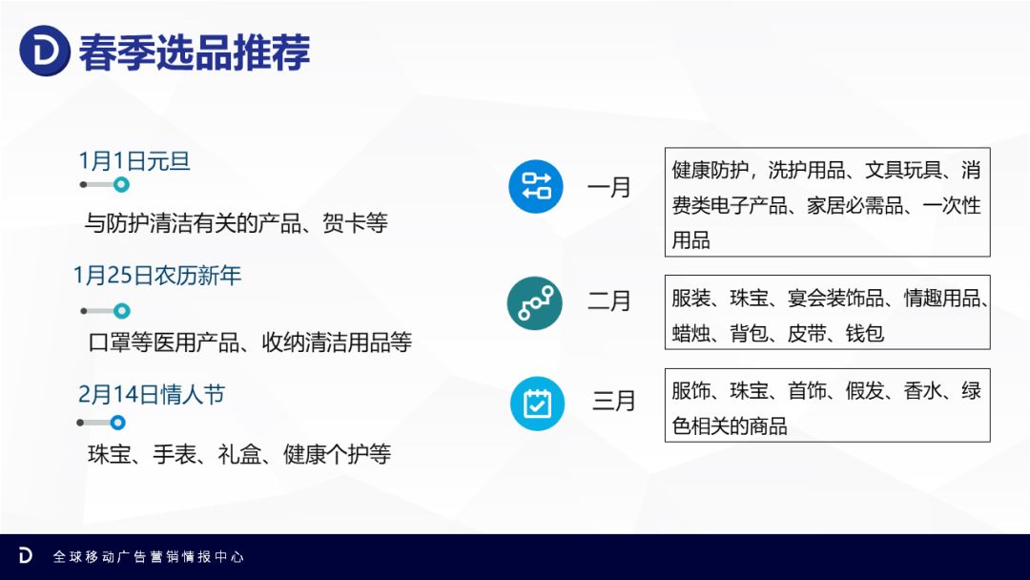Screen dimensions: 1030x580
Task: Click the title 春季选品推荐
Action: tap(195, 52)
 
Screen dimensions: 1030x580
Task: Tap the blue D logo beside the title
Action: tap(45, 51)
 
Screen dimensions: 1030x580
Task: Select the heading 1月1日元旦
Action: tap(134, 161)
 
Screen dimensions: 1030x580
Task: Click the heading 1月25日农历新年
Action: tap(157, 276)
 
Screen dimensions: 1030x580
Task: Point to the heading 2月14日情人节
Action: tap(152, 394)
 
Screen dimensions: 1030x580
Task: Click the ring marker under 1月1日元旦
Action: tap(121, 184)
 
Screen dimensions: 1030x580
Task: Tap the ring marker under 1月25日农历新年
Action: tap(121, 311)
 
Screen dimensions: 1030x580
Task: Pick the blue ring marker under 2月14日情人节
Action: tap(117, 423)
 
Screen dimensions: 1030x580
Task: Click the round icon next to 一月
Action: tap(536, 187)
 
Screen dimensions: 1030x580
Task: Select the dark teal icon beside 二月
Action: tap(535, 302)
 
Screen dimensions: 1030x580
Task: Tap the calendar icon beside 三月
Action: tap(537, 404)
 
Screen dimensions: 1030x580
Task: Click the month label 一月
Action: tap(608, 188)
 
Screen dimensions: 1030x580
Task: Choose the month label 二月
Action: tap(608, 301)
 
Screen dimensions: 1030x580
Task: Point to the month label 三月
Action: tap(613, 401)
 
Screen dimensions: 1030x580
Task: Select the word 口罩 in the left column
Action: tap(110, 342)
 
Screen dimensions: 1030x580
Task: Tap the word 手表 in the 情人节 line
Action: tap(175, 454)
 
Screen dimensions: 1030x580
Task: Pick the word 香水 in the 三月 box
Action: tap(923, 391)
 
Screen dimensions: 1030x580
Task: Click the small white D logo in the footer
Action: tap(25, 555)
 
